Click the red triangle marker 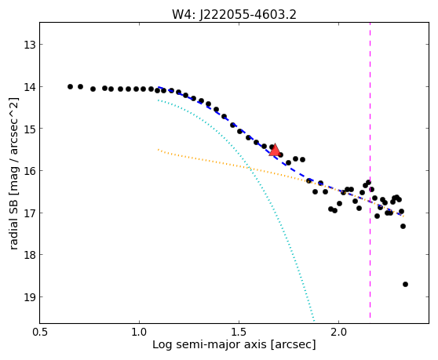click(x=275, y=150)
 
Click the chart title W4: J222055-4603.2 click(x=234, y=15)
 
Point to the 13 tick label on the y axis click(x=30, y=45)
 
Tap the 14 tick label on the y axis click(x=30, y=87)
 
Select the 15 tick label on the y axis click(x=30, y=129)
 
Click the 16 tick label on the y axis click(x=30, y=171)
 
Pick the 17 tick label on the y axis click(x=30, y=213)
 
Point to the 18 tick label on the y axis click(x=30, y=255)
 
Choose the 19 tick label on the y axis click(x=30, y=297)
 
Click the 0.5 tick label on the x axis click(x=40, y=332)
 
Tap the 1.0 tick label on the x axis click(x=139, y=332)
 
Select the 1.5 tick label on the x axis click(x=239, y=332)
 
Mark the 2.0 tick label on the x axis click(x=338, y=332)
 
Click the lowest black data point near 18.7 click(x=405, y=285)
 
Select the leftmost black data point click(x=70, y=87)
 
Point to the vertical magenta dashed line click(x=370, y=170)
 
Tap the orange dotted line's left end click(x=158, y=150)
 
